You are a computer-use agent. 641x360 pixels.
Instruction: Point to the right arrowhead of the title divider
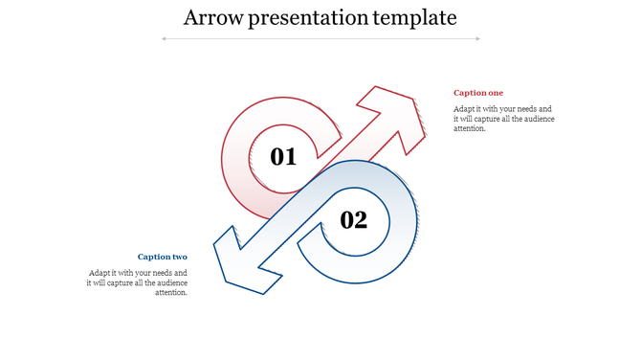[478, 38]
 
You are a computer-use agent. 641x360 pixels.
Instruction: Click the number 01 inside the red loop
[283, 156]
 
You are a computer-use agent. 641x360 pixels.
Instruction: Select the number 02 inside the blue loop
[354, 220]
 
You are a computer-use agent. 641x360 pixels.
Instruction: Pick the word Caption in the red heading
[471, 93]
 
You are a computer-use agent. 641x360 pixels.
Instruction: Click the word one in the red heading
[496, 93]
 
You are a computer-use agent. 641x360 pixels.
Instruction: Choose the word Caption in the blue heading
[155, 257]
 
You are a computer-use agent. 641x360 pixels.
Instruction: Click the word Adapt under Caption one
[464, 109]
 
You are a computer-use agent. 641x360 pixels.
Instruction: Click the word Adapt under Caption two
[100, 273]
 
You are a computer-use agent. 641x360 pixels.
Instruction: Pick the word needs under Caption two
[162, 273]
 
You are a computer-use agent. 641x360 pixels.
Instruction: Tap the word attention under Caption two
[171, 292]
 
